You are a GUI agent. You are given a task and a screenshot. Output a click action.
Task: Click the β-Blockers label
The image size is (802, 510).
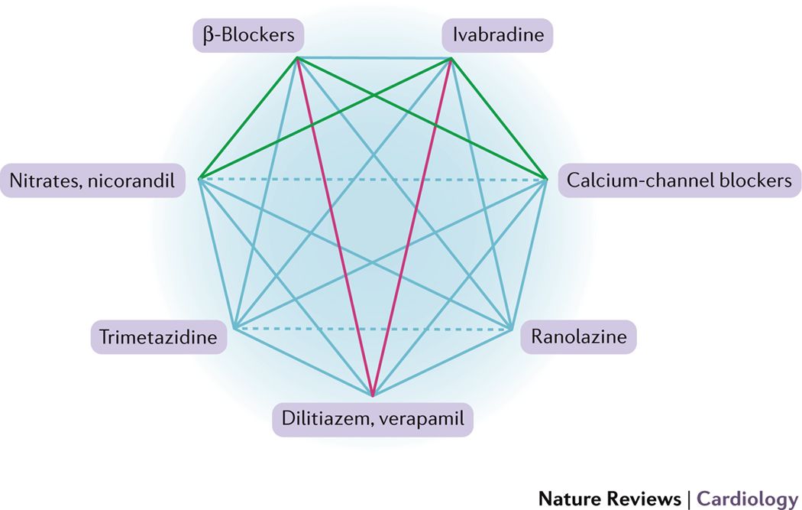[248, 35]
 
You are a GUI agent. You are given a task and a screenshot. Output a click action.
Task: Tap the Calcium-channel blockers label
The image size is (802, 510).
[679, 181]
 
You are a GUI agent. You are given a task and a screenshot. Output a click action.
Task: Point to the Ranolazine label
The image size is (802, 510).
[579, 336]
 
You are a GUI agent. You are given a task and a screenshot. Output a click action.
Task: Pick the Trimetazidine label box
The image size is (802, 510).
[159, 336]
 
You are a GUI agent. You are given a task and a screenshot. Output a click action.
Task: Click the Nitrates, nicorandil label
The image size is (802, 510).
[92, 181]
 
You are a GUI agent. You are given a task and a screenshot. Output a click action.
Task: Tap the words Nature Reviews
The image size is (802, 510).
[610, 499]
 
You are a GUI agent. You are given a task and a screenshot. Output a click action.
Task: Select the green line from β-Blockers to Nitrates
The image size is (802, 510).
[248, 118]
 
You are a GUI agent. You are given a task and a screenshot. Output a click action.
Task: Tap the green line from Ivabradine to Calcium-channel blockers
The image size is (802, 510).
[500, 118]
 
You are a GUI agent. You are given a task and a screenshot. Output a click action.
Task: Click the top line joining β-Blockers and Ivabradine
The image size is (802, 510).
[374, 57]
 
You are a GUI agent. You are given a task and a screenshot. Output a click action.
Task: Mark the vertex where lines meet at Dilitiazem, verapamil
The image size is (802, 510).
[373, 396]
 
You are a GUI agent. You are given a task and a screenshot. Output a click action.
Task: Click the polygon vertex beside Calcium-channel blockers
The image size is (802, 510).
[547, 179]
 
